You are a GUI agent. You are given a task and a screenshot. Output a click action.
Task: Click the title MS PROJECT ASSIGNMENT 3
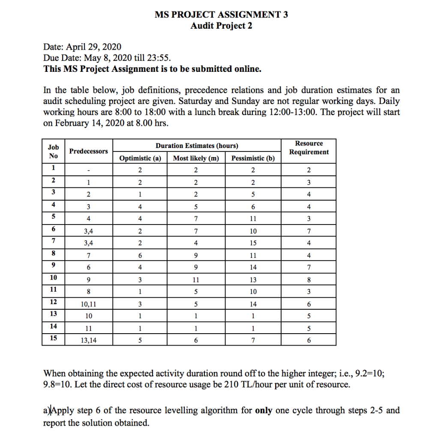(x=221, y=15)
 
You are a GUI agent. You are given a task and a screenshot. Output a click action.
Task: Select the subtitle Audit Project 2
(x=221, y=26)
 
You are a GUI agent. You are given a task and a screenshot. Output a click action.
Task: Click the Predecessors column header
(x=89, y=151)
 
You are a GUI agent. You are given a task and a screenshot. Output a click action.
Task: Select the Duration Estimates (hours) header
(x=197, y=145)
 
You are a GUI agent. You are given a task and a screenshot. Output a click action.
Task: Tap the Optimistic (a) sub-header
(x=140, y=158)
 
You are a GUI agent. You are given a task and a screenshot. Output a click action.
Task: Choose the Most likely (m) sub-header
(x=196, y=158)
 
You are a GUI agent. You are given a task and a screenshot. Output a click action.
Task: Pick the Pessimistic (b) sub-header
(x=253, y=158)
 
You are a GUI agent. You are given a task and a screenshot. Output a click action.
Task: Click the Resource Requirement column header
(x=309, y=148)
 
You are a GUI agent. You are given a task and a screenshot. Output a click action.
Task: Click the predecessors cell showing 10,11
(x=89, y=305)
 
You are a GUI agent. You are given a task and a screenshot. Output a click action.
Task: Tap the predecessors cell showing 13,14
(x=89, y=340)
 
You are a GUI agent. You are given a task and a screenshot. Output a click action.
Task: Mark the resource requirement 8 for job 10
(x=309, y=281)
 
